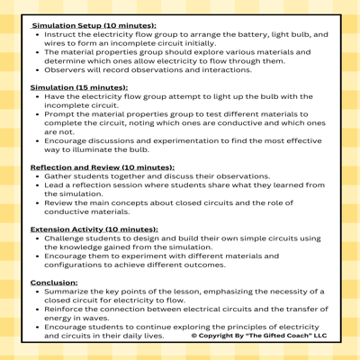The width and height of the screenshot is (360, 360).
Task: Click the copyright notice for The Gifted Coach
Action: [259, 336]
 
